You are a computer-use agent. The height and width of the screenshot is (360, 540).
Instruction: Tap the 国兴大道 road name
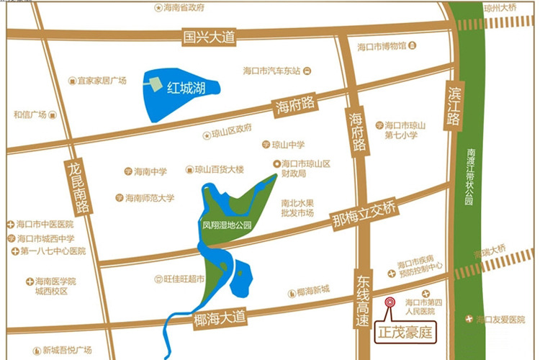pos(210,36)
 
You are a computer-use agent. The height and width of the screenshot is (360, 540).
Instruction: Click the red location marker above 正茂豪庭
pos(390,303)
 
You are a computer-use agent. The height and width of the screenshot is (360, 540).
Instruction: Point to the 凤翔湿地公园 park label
pos(228,225)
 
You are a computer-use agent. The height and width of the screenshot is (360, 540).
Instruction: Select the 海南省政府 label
pos(184,8)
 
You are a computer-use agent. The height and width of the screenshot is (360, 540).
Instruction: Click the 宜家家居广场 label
pos(102,81)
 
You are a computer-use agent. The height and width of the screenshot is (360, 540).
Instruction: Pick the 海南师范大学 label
pos(149,197)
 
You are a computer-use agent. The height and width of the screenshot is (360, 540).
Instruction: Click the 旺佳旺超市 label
pos(184,279)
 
